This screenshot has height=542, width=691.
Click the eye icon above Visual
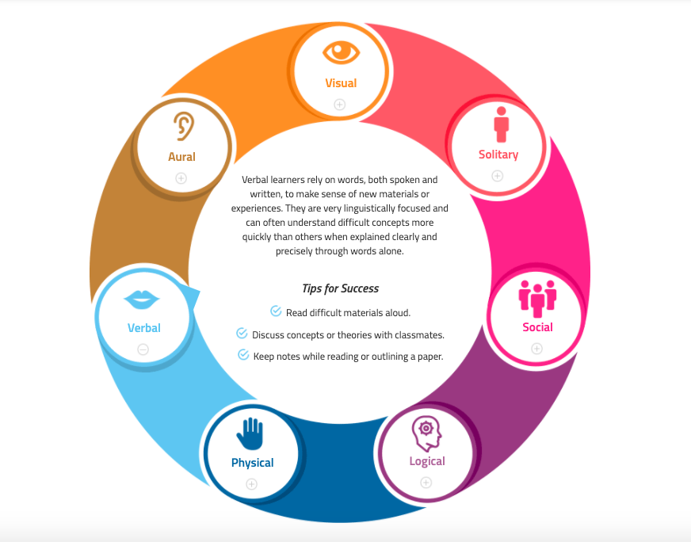[341, 52]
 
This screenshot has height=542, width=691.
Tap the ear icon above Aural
[184, 126]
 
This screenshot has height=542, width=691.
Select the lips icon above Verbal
[142, 300]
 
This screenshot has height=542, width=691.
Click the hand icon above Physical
[250, 433]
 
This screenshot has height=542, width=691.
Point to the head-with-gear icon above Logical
[426, 433]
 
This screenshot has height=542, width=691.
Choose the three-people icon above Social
[537, 298]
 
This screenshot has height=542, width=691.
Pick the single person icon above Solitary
[501, 124]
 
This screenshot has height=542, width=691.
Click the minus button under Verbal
[143, 350]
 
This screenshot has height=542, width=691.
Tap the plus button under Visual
[339, 105]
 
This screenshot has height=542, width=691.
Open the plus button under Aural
[181, 178]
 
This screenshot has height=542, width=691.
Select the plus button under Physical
[252, 484]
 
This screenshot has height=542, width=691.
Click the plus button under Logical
[426, 483]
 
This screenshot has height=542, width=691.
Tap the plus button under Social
[536, 349]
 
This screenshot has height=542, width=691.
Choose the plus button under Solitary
[498, 176]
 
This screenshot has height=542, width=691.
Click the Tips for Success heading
[340, 288]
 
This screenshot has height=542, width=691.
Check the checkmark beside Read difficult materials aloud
[276, 311]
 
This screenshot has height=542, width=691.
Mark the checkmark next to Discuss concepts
[242, 333]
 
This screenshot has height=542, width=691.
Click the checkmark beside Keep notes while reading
[243, 354]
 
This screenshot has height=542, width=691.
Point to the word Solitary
[498, 155]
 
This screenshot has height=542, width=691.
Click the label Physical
[253, 463]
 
